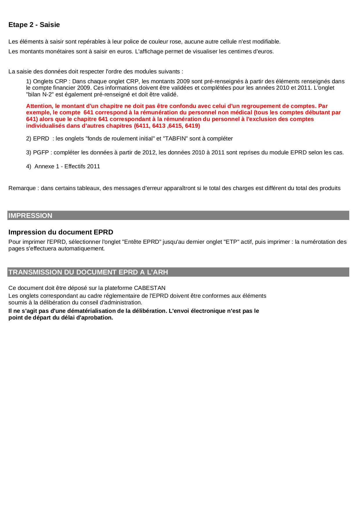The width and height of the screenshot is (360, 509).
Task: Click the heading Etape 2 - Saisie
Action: coord(34,25)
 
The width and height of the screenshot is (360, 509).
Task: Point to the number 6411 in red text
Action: coord(142,126)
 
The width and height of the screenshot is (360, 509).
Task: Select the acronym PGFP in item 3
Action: coord(41,152)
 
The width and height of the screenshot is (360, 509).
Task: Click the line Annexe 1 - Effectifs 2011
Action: coord(67,166)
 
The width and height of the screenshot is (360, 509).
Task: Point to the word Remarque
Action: coord(22,188)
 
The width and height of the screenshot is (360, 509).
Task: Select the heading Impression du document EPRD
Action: coord(61,232)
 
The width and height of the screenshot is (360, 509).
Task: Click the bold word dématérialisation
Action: coord(91,311)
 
